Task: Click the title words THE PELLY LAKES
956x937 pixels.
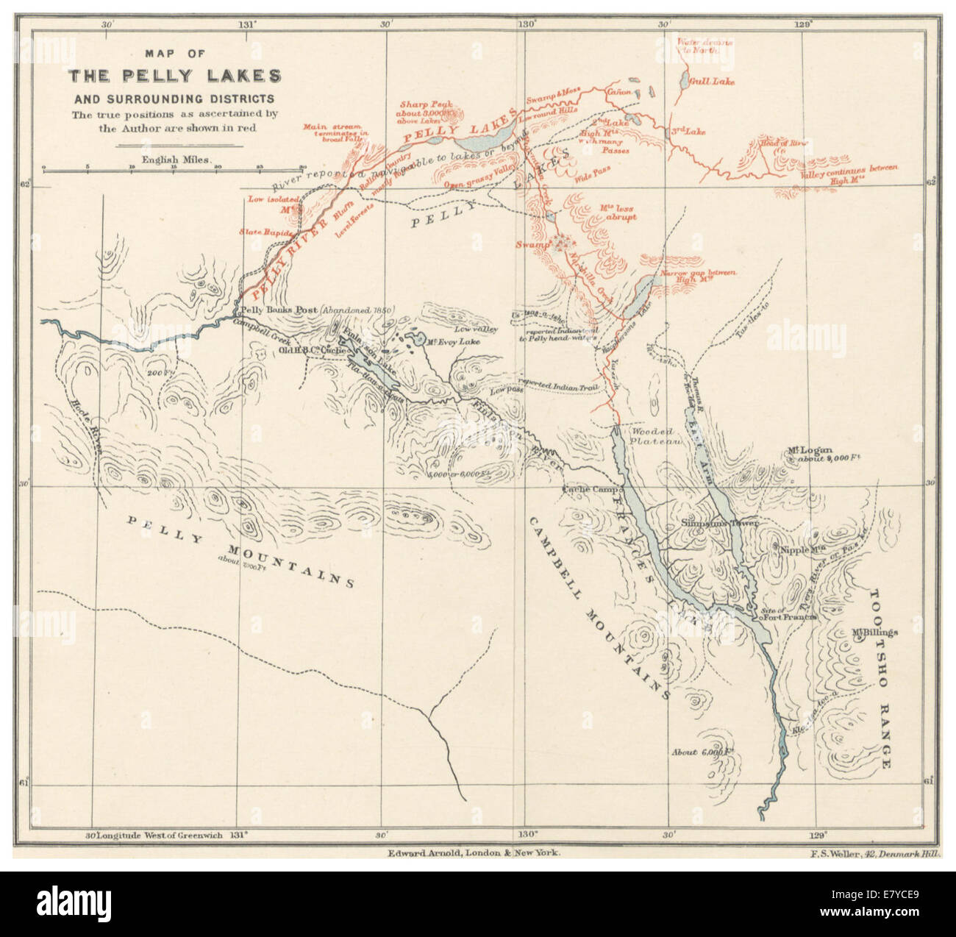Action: pos(174,76)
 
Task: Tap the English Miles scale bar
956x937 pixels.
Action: pos(174,168)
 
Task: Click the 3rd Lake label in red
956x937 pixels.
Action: pos(688,132)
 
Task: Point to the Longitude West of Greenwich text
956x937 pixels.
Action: pos(156,836)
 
